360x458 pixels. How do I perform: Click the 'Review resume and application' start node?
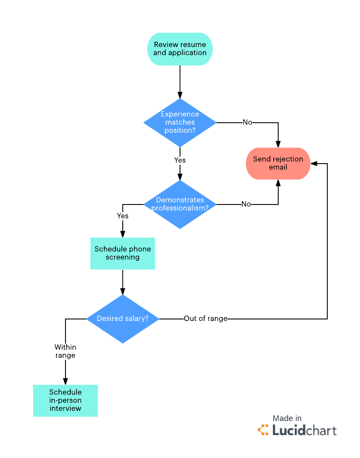180,49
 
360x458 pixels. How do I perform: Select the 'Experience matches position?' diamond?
180,122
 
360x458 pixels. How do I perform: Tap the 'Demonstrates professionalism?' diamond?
180,204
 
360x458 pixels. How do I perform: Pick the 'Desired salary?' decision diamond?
123,319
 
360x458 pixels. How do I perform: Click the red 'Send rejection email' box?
278,163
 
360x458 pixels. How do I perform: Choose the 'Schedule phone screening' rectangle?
123,253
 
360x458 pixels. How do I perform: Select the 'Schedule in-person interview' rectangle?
65,400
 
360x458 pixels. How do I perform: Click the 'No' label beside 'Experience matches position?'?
248,122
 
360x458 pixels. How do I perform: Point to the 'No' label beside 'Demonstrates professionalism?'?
246,204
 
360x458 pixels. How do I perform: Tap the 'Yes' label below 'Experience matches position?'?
180,160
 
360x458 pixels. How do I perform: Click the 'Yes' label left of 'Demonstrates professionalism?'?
123,216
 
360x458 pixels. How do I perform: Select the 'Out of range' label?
205,319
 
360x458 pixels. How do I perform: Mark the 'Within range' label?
65,351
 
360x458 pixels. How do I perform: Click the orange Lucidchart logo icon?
263,430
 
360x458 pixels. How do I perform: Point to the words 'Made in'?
287,418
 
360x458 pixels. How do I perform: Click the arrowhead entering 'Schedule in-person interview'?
65,381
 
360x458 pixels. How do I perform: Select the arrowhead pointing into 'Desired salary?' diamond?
123,291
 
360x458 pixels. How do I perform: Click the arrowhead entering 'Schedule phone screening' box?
123,234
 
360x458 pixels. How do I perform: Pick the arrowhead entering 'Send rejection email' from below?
278,183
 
